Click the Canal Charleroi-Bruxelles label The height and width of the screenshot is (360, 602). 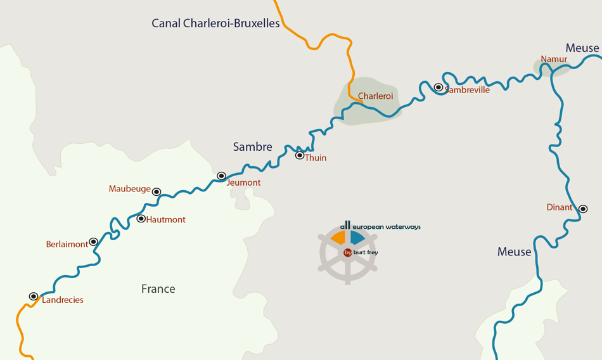click(x=215, y=23)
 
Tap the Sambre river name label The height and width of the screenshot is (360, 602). click(x=252, y=147)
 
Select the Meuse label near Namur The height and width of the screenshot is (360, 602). click(x=582, y=48)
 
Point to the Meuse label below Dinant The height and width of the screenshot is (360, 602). click(x=514, y=252)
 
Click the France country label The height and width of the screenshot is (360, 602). click(x=158, y=289)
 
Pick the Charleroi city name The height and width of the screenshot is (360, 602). click(x=375, y=96)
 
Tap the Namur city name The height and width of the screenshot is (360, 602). click(x=553, y=60)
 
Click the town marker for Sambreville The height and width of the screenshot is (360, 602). click(x=439, y=87)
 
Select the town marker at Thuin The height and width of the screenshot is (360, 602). click(x=300, y=155)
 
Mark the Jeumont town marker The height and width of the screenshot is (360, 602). click(x=221, y=176)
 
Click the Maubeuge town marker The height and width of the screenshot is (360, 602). click(x=157, y=192)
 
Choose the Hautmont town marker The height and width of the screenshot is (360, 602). click(x=141, y=219)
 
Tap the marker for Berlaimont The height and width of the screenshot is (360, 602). click(x=93, y=242)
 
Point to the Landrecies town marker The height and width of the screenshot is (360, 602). click(x=34, y=297)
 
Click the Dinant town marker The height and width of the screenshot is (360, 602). click(x=583, y=209)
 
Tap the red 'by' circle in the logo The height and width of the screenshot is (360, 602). click(x=348, y=252)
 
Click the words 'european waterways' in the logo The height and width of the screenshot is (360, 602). click(x=386, y=227)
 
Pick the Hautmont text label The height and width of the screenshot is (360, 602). click(x=166, y=220)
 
